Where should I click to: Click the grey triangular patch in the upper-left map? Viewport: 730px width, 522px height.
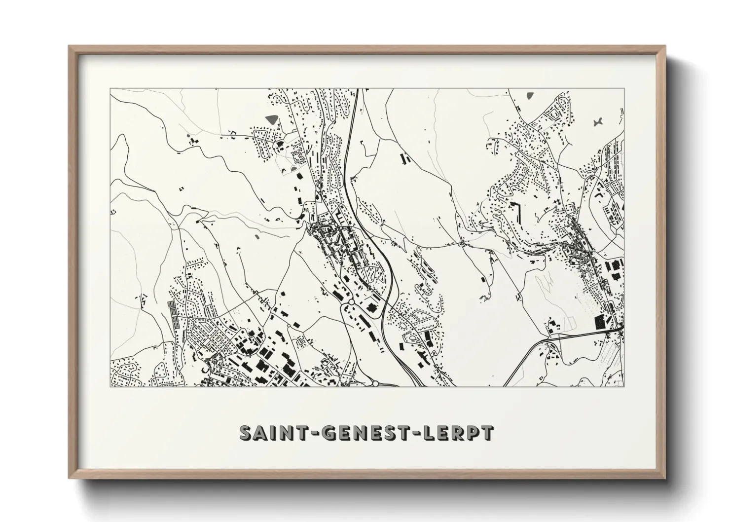pyautogui.click(x=272, y=119)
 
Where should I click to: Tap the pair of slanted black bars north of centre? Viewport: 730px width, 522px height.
pyautogui.click(x=405, y=159)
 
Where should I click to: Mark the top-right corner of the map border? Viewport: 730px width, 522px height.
pyautogui.click(x=624, y=89)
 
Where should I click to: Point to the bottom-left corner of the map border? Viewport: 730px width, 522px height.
pyautogui.click(x=110, y=386)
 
